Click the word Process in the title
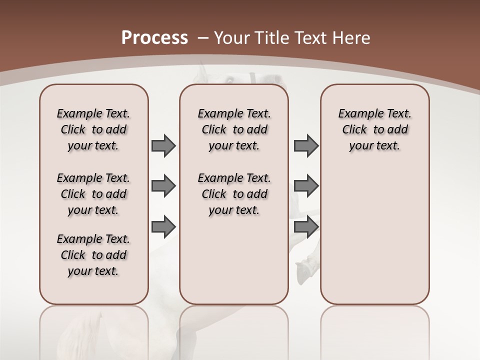tap(154, 38)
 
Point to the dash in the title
tap(202, 38)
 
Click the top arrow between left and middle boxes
tap(163, 145)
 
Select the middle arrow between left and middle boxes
tap(163, 186)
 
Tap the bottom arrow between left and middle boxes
tap(163, 227)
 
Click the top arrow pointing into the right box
tap(306, 145)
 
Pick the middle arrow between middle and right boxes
tap(306, 186)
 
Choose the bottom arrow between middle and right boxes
tap(306, 227)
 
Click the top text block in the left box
tap(93, 129)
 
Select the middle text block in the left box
tap(93, 194)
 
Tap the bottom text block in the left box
tap(93, 255)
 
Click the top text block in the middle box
tap(234, 129)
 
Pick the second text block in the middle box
tap(234, 194)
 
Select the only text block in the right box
tap(374, 129)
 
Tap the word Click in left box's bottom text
tap(73, 255)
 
